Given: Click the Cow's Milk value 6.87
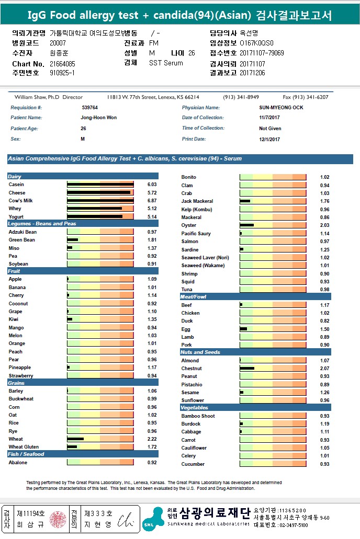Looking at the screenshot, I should (152, 201).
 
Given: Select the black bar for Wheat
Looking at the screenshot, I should (75, 439).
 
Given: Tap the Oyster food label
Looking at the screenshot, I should (188, 225).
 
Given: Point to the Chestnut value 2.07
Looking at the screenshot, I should (325, 369).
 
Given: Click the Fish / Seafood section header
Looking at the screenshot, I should (26, 454).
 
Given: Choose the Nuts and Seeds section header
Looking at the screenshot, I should (200, 352).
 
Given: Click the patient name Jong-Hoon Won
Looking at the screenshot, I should (99, 118).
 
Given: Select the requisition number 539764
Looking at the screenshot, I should (90, 108).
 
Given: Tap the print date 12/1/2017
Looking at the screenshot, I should (270, 139).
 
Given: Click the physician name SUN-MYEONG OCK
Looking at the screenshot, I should (281, 108).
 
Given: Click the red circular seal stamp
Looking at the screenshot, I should (57, 520).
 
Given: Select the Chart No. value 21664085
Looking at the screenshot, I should (63, 64).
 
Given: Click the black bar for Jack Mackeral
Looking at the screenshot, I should (245, 201).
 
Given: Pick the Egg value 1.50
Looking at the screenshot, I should (325, 329).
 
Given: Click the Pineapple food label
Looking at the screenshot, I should (20, 368).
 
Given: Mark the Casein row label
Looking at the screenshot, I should (16, 185).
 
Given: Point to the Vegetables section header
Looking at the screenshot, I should (194, 408).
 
